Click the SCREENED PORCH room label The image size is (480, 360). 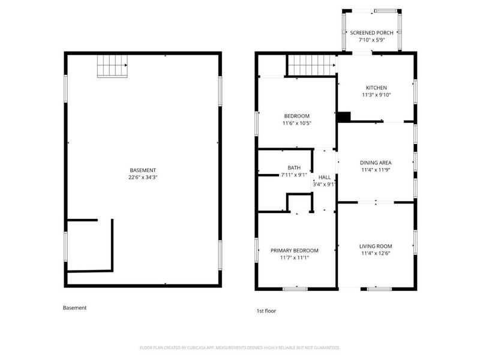tap(371, 33)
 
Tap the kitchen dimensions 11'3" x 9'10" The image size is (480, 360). tap(376, 95)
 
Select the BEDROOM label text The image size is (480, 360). tap(296, 116)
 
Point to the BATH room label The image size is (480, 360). tap(294, 168)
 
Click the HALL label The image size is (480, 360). tap(325, 177)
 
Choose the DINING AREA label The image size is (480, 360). tap(376, 163)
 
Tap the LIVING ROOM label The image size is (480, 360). tap(376, 246)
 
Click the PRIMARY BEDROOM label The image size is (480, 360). tap(295, 250)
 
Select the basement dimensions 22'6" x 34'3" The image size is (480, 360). tap(143, 177)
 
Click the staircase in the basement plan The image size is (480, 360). tap(112, 66)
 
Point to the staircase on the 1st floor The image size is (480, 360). tap(311, 65)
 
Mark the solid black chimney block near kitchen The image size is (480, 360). tap(344, 117)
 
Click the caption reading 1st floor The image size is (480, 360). tap(266, 311)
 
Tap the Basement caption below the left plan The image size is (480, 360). tap(74, 308)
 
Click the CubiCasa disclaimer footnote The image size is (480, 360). tap(239, 348)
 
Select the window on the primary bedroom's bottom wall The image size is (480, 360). tap(295, 289)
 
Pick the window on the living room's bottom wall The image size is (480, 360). tap(380, 289)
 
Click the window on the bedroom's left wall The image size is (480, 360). tap(257, 124)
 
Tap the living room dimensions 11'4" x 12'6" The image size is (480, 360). tap(376, 253)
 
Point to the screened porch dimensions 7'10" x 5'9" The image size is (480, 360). tap(371, 40)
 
